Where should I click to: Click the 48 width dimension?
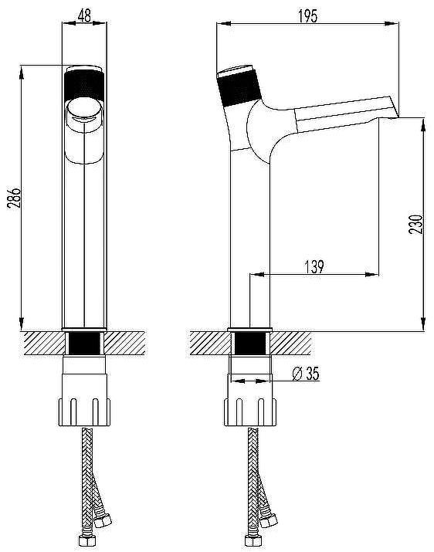point(83,13)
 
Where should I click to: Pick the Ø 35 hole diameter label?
point(307,374)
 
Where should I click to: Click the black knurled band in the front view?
point(83,81)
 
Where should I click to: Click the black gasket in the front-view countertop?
point(83,343)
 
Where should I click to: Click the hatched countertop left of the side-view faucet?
point(210,341)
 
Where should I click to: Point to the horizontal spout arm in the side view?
point(340,112)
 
